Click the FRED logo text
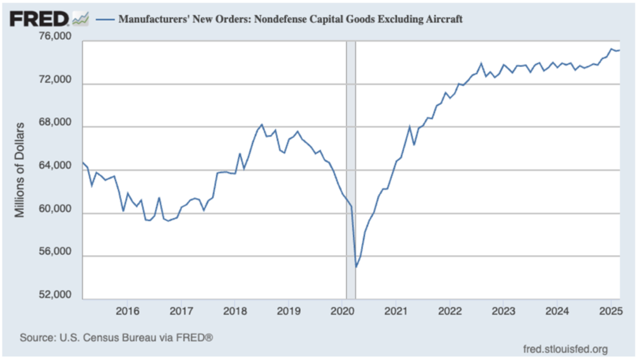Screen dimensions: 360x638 (x=39, y=18)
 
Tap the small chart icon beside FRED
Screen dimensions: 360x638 (x=80, y=19)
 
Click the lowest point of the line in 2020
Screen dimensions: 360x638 (x=356, y=267)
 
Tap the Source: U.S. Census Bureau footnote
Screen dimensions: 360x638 (x=116, y=338)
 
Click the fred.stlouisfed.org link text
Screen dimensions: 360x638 (x=566, y=349)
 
